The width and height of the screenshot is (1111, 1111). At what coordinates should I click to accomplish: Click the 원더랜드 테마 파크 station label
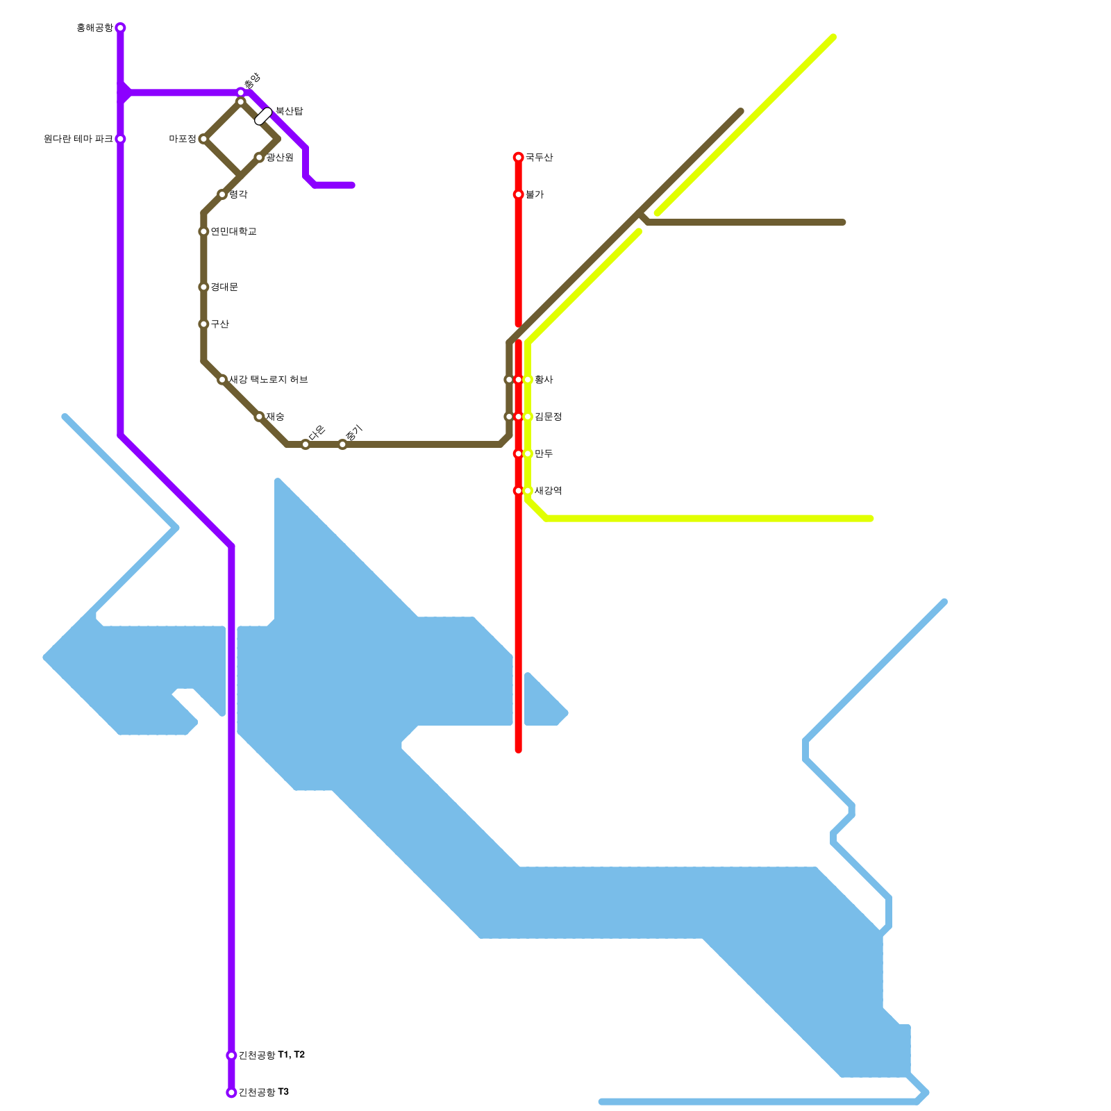pyautogui.click(x=78, y=139)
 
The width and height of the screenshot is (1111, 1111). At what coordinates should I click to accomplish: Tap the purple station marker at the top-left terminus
pyautogui.click(x=120, y=28)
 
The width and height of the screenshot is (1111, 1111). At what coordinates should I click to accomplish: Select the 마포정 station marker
pyautogui.click(x=203, y=139)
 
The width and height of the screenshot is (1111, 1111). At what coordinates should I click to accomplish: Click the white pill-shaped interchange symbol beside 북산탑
pyautogui.click(x=264, y=116)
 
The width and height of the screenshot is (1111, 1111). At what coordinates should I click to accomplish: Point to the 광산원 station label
pyautogui.click(x=280, y=158)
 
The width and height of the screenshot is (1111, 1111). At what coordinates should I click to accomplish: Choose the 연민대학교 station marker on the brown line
pyautogui.click(x=203, y=231)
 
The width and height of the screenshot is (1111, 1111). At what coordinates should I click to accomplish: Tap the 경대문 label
pyautogui.click(x=224, y=287)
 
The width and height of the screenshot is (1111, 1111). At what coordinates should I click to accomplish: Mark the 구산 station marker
pyautogui.click(x=203, y=324)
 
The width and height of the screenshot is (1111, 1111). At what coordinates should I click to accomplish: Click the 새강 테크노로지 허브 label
pyautogui.click(x=268, y=380)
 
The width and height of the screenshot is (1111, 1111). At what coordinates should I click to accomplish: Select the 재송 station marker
pyautogui.click(x=259, y=417)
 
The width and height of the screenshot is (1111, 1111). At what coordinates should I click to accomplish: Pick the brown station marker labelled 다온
pyautogui.click(x=306, y=444)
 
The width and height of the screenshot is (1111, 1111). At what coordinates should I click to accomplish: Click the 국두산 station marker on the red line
pyautogui.click(x=518, y=158)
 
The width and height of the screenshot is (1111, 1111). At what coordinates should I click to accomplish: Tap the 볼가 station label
pyautogui.click(x=534, y=194)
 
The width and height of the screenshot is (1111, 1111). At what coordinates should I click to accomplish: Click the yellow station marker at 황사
pyautogui.click(x=528, y=380)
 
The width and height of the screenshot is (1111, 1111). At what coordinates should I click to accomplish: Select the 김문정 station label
pyautogui.click(x=548, y=417)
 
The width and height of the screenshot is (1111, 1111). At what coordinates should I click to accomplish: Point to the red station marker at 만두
pyautogui.click(x=518, y=453)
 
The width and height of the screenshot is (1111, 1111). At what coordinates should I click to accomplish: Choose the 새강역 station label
pyautogui.click(x=548, y=491)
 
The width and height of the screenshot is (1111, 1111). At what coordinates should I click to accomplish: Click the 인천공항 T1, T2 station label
pyautogui.click(x=272, y=1055)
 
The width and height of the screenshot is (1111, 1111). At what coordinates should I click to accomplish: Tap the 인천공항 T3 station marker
pyautogui.click(x=231, y=1092)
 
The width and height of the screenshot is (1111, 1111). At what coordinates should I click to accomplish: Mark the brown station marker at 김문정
pyautogui.click(x=509, y=417)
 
